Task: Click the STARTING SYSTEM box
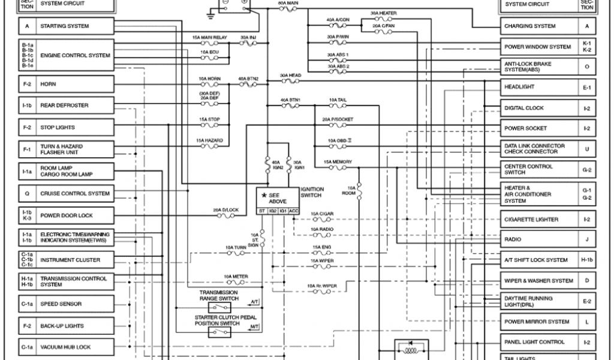(x=74, y=26)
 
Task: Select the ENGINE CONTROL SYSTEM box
(x=74, y=55)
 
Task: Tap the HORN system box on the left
(x=74, y=85)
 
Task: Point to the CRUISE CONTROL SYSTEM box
(x=74, y=194)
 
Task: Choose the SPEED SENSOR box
(x=74, y=304)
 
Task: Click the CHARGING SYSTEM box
(x=540, y=26)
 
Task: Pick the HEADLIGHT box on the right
(x=540, y=87)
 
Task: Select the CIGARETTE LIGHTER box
(x=540, y=220)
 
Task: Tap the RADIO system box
(x=540, y=239)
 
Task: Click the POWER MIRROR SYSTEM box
(x=540, y=322)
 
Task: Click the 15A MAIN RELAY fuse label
(x=210, y=37)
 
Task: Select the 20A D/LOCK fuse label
(x=226, y=210)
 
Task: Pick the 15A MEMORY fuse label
(x=338, y=162)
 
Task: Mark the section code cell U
(x=587, y=149)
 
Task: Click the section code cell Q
(x=27, y=194)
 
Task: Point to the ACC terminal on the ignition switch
(x=294, y=211)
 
